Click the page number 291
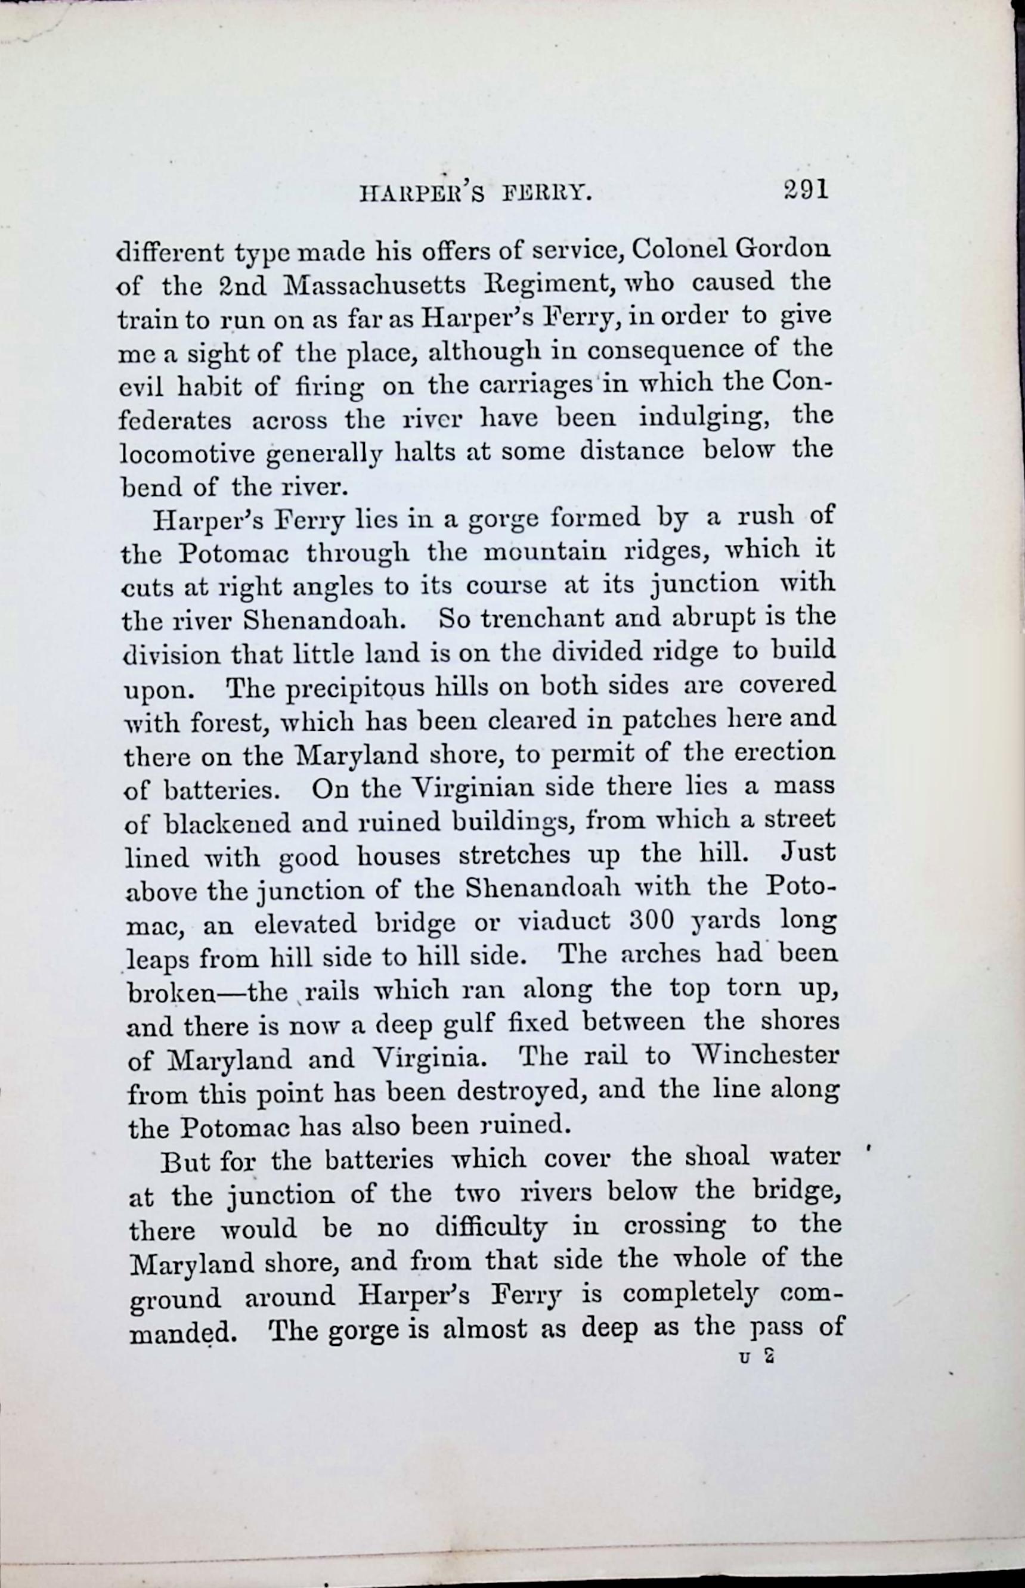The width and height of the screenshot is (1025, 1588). click(805, 190)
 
